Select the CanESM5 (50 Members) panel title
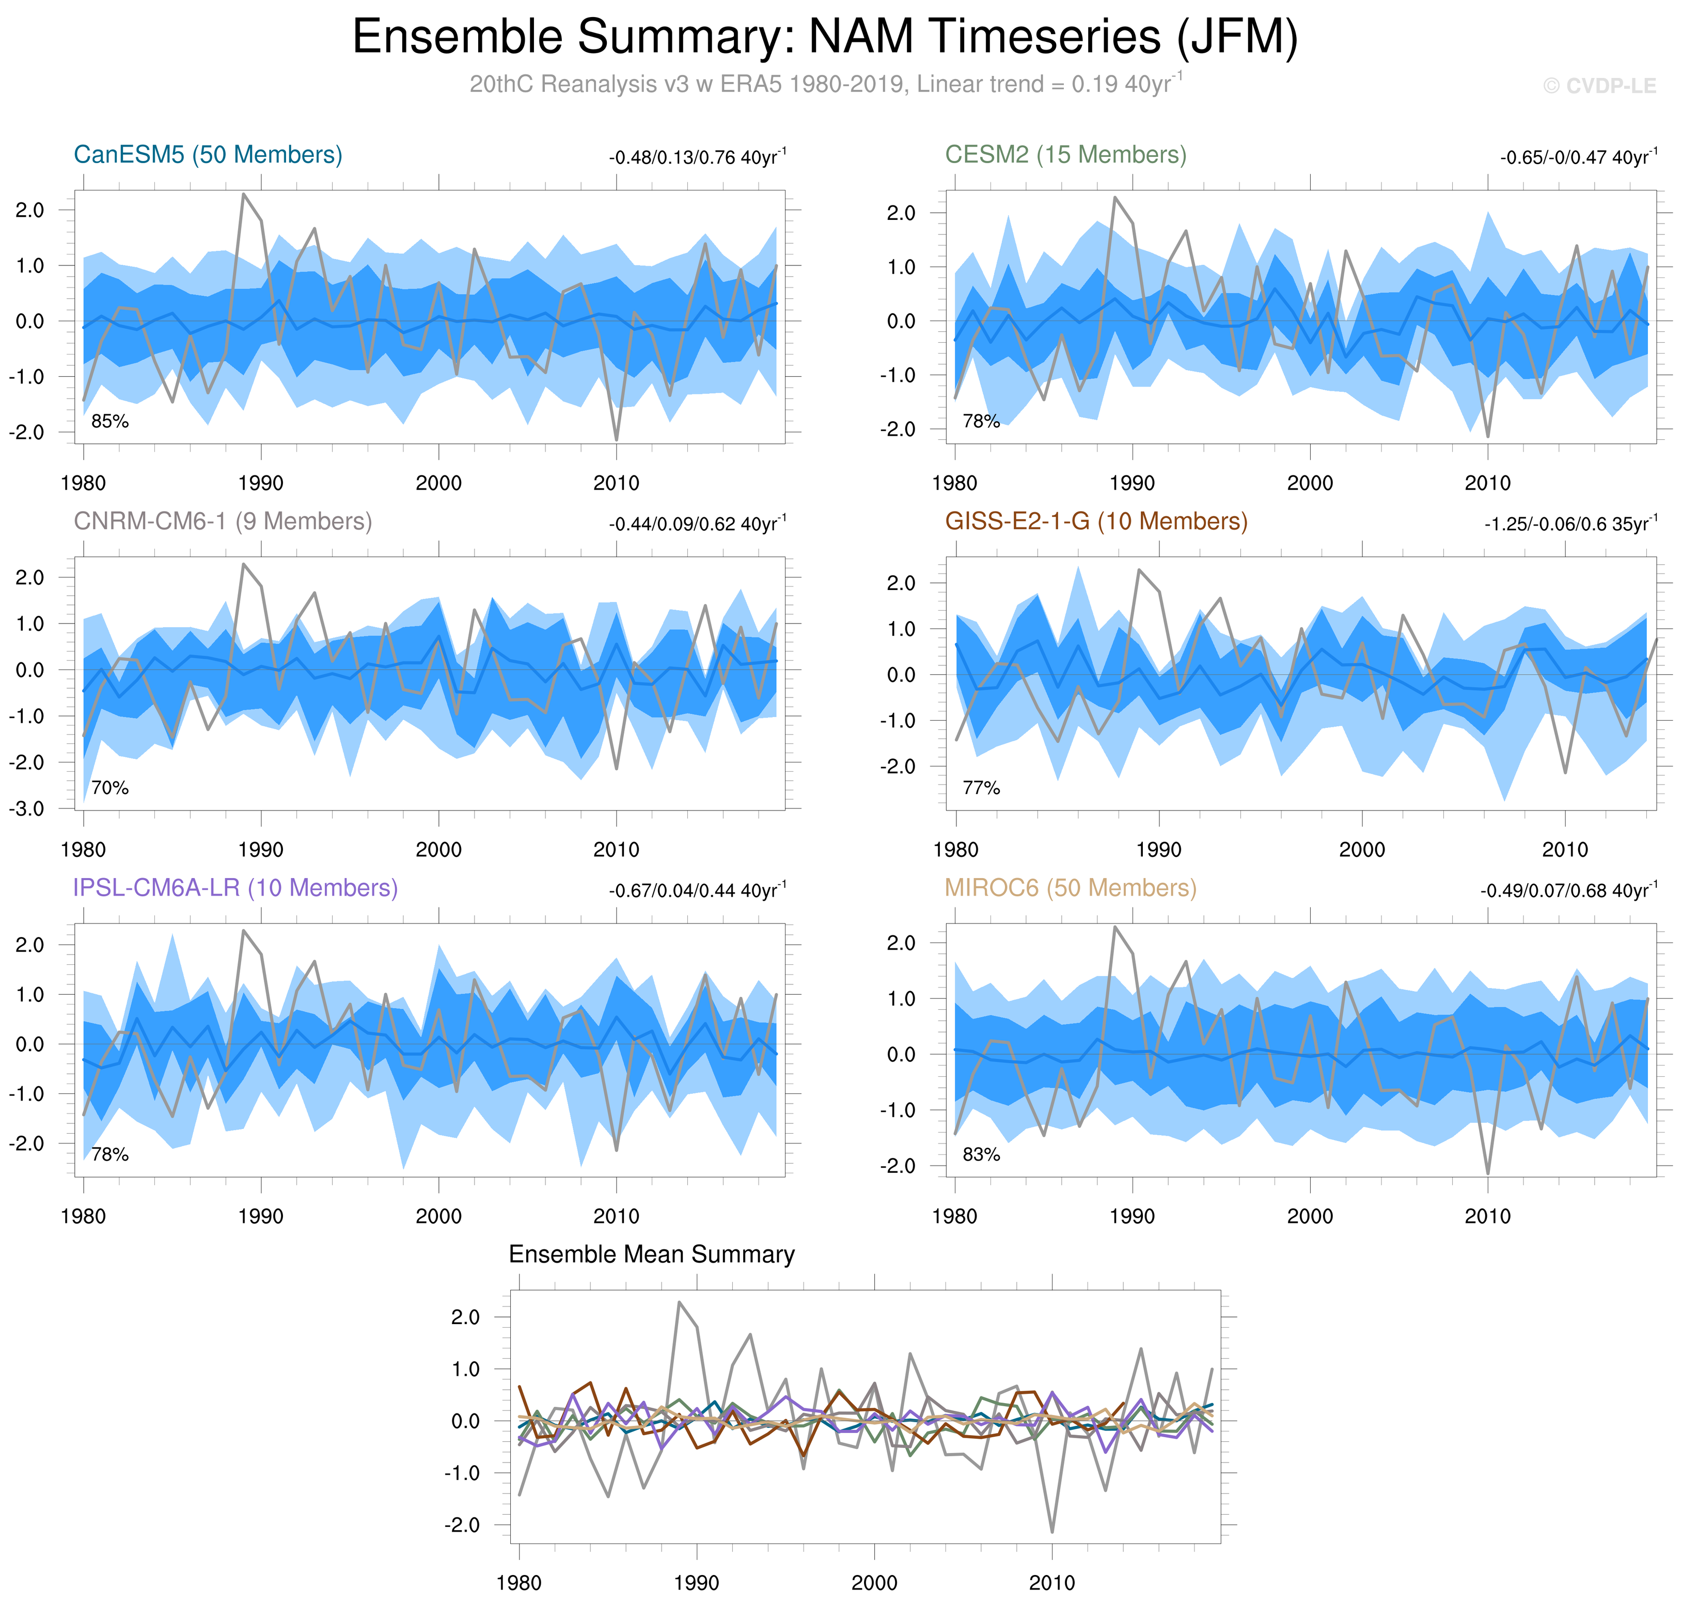click(208, 155)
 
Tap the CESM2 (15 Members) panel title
click(1065, 155)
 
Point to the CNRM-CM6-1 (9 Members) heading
click(223, 522)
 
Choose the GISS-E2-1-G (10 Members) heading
click(1096, 522)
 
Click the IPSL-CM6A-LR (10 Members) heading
click(235, 888)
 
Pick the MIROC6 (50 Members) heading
click(1070, 888)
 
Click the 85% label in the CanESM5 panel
click(109, 421)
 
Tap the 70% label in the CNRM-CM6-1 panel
click(109, 788)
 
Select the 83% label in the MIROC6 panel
click(981, 1155)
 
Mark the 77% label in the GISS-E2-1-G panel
click(981, 788)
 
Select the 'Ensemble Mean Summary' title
click(651, 1255)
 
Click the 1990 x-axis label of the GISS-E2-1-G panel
click(1158, 850)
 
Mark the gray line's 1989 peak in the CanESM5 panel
click(243, 195)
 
